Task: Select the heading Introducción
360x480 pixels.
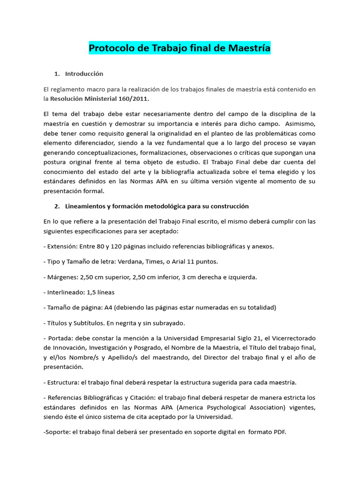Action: pos(84,74)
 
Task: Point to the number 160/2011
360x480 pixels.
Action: pos(135,99)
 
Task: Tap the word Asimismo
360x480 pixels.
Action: pos(300,124)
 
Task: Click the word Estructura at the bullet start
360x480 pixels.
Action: pos(62,382)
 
